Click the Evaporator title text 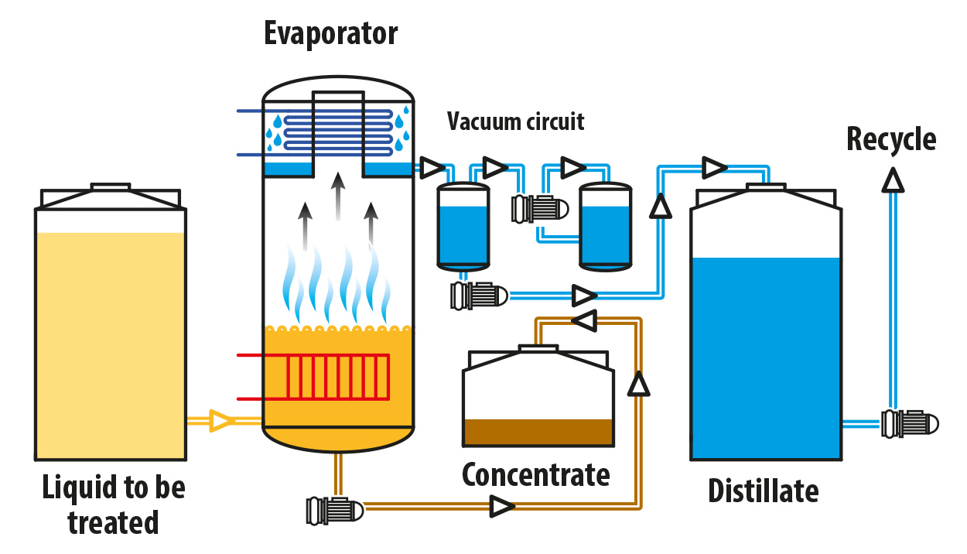tap(331, 33)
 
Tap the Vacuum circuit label tap(515, 122)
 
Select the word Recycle tap(891, 140)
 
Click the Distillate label tap(763, 491)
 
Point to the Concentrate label tap(535, 475)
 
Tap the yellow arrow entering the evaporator tap(222, 421)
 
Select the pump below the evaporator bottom tap(334, 509)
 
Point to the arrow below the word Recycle tap(894, 180)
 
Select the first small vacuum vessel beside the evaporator tap(463, 226)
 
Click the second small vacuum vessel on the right tap(606, 226)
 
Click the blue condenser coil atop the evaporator tap(338, 132)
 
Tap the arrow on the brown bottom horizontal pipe tap(502, 508)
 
